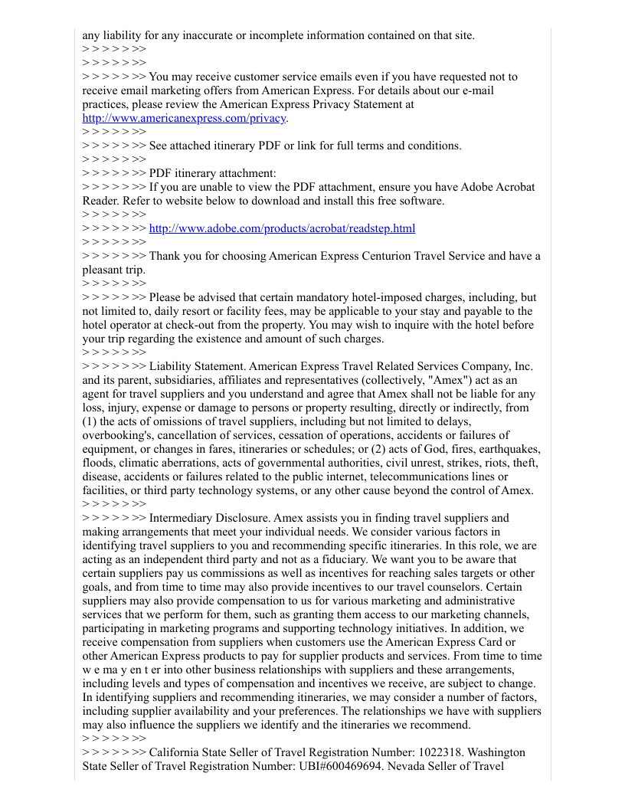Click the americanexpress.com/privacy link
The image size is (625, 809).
pos(184,118)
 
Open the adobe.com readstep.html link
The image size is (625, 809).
pos(282,228)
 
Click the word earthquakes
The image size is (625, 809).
pos(508,449)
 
